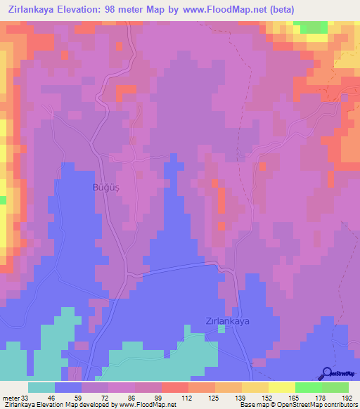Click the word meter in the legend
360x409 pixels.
(x=10, y=397)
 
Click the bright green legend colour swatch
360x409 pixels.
(x=308, y=387)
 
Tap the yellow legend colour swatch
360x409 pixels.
(x=281, y=387)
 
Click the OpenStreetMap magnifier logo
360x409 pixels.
(x=326, y=372)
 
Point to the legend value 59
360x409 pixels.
(x=77, y=397)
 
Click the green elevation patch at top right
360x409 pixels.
(x=311, y=27)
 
